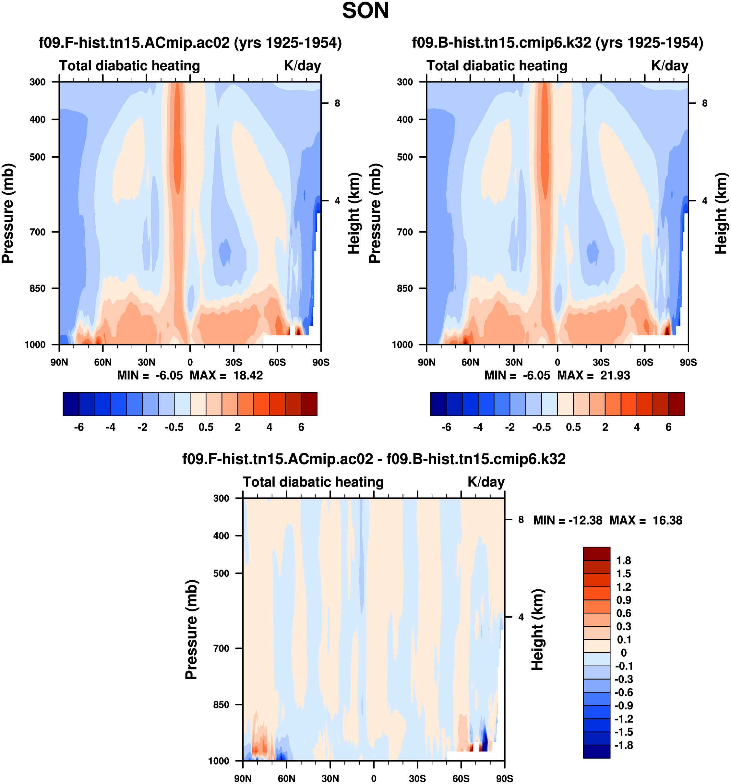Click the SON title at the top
(365, 11)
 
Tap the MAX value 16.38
(667, 521)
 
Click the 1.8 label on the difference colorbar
(623, 561)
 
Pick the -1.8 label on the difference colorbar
(623, 745)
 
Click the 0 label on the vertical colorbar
(623, 653)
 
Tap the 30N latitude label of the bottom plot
(330, 778)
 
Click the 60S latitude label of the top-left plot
(277, 362)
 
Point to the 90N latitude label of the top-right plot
(426, 362)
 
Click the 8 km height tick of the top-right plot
(705, 103)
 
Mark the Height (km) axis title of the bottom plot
(537, 630)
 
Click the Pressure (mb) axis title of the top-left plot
(8, 213)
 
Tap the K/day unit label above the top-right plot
(669, 66)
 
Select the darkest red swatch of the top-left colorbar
(309, 404)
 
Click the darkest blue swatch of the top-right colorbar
(438, 404)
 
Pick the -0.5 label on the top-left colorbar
(174, 427)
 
